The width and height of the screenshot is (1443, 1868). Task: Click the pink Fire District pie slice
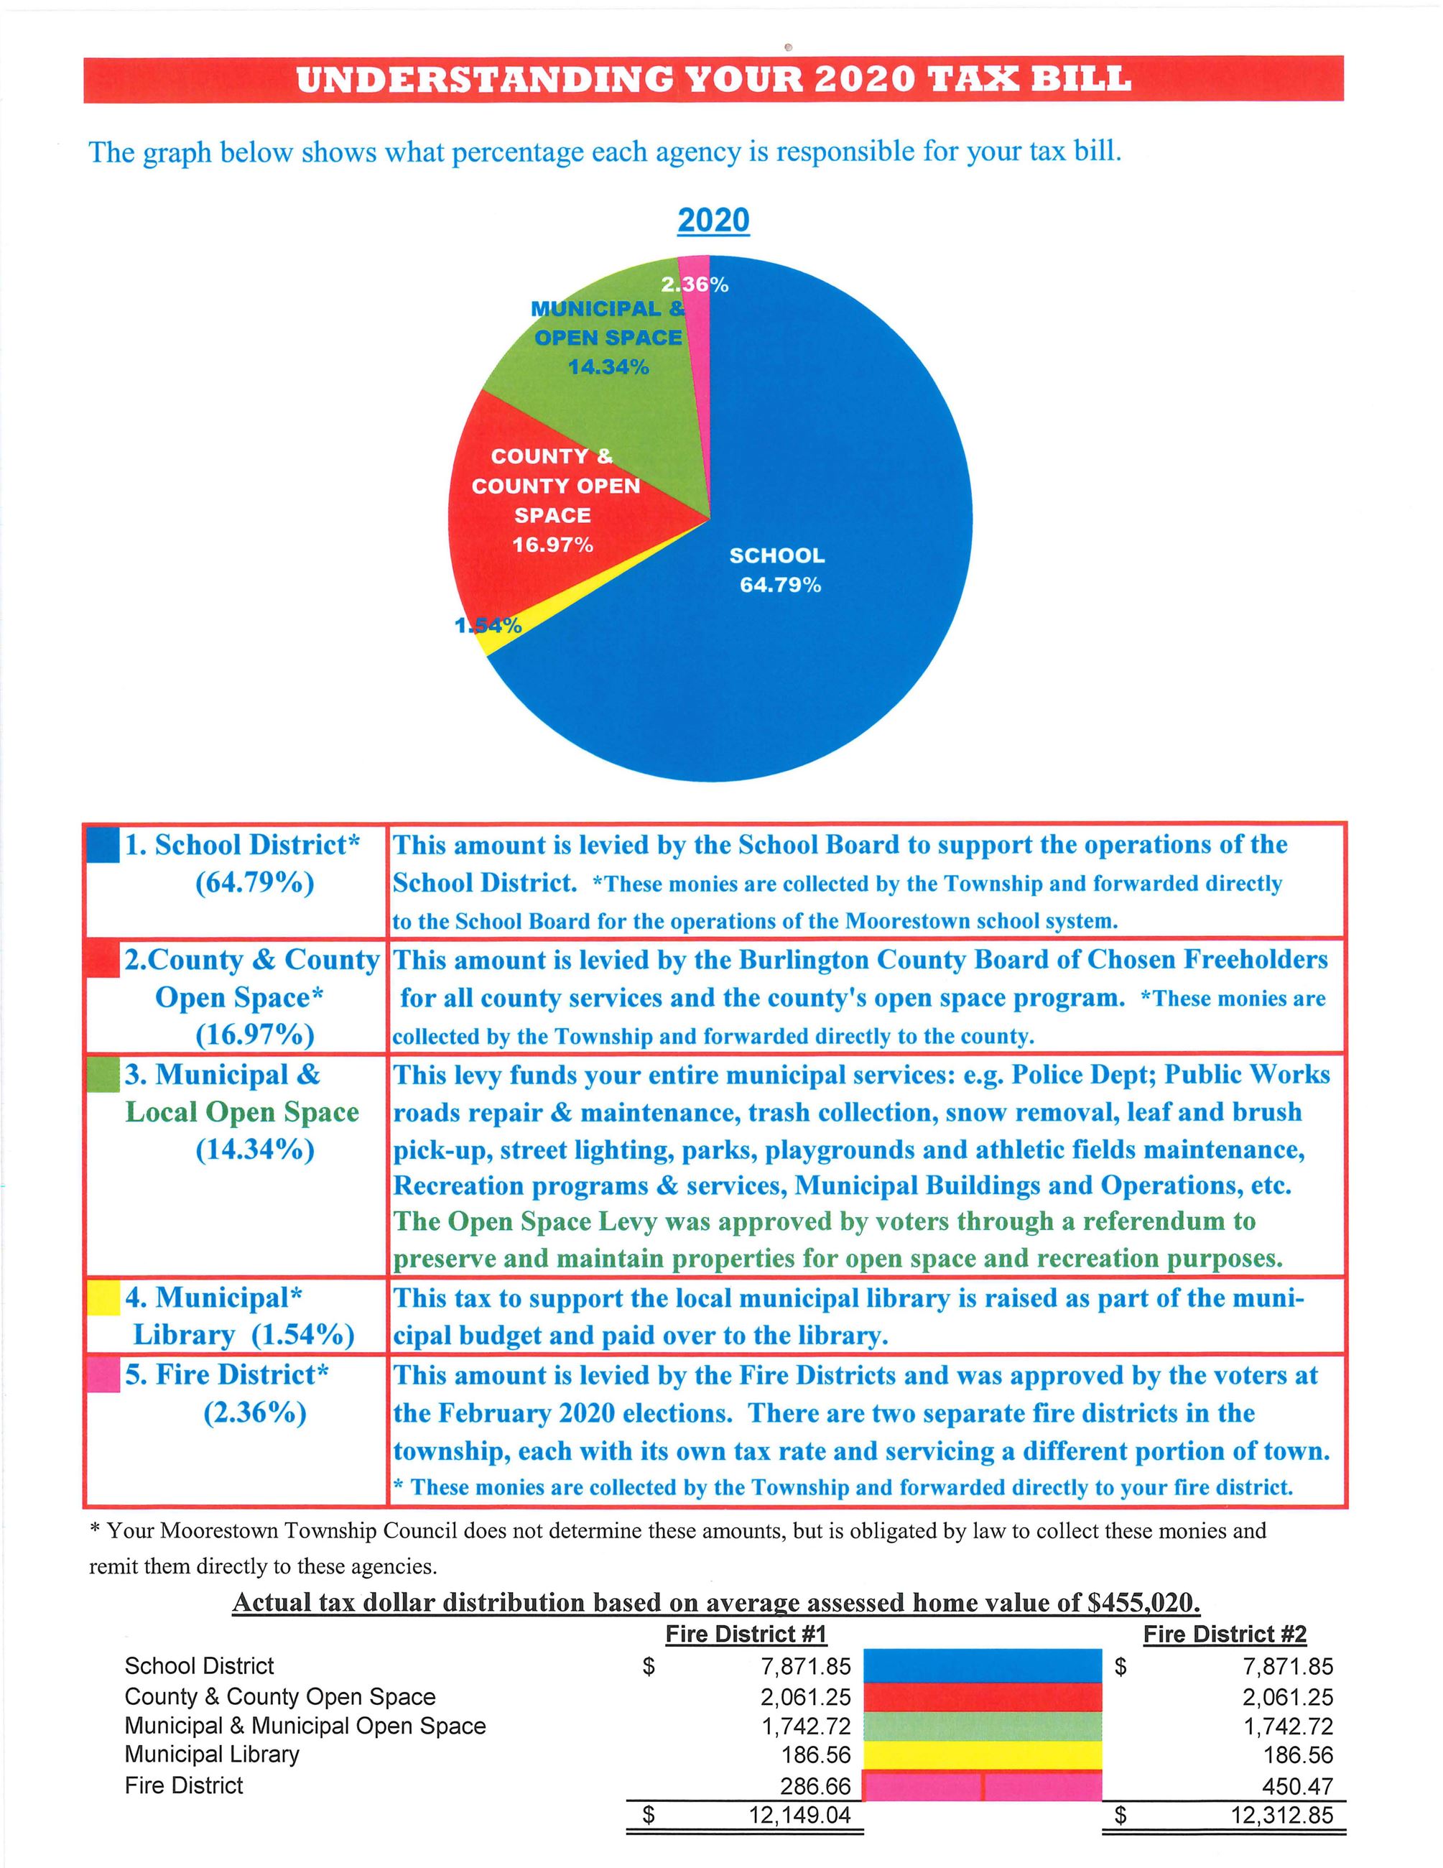coord(698,308)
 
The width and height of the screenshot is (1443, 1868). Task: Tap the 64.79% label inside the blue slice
coord(779,585)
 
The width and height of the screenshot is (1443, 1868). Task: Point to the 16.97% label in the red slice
coord(552,545)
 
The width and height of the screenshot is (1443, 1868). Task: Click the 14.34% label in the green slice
coord(608,367)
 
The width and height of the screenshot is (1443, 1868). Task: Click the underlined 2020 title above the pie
coord(713,221)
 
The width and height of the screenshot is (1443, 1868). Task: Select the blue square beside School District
coord(103,847)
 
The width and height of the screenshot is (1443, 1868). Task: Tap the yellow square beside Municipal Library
coord(103,1300)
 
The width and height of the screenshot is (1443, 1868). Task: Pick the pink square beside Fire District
coord(103,1376)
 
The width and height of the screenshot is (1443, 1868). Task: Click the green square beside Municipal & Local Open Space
coord(103,1075)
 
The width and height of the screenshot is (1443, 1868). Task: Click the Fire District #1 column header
coord(746,1634)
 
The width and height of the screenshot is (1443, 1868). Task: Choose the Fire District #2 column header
coord(1224,1634)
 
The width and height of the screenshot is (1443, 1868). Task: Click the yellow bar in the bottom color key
coord(983,1754)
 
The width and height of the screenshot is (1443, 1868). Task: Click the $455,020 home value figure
coord(1143,1602)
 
